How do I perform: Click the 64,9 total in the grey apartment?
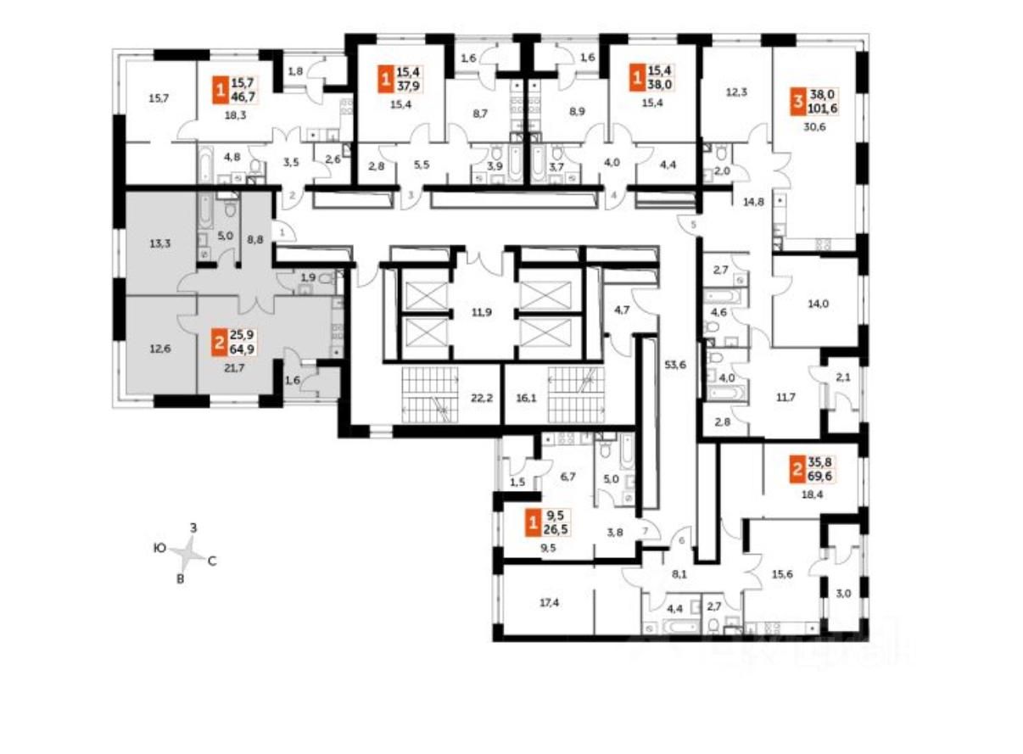pyautogui.click(x=244, y=346)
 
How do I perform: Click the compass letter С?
pyautogui.click(x=213, y=561)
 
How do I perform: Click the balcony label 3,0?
pyautogui.click(x=843, y=592)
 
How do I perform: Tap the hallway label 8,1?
pyautogui.click(x=679, y=573)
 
